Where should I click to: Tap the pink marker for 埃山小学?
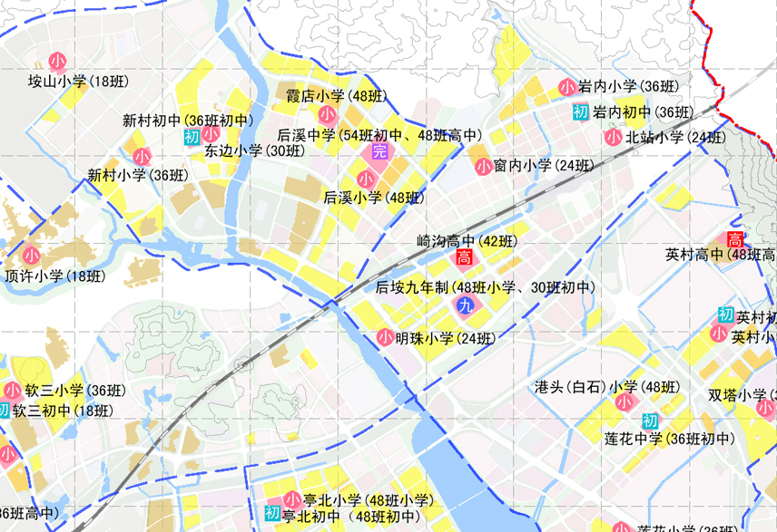pyautogui.click(x=57, y=62)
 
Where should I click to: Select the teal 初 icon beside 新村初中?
pyautogui.click(x=191, y=137)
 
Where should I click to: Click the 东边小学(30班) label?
pyautogui.click(x=254, y=151)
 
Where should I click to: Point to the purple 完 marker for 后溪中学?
pyautogui.click(x=379, y=151)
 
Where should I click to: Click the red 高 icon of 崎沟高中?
pyautogui.click(x=463, y=258)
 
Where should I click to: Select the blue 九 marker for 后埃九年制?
pyautogui.click(x=466, y=306)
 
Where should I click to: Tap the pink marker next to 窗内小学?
pyautogui.click(x=483, y=166)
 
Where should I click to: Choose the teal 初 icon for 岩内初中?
pyautogui.click(x=581, y=112)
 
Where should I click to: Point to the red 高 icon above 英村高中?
pyautogui.click(x=734, y=239)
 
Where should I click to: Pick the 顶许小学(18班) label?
pyautogui.click(x=54, y=276)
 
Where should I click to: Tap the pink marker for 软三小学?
pyautogui.click(x=13, y=392)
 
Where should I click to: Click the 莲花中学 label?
pyautogui.click(x=669, y=440)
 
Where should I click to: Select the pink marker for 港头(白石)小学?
pyautogui.click(x=625, y=401)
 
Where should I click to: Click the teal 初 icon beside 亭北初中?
pyautogui.click(x=271, y=514)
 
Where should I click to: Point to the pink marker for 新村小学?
pyautogui.click(x=142, y=157)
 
